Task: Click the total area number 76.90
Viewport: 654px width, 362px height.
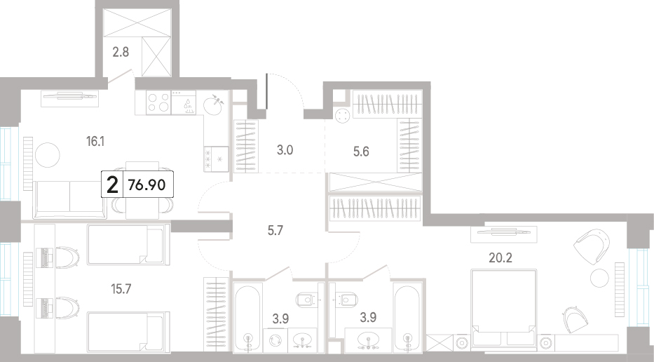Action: [x=147, y=185]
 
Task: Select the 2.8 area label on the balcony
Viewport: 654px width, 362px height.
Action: [x=121, y=52]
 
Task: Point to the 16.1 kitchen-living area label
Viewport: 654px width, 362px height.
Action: [x=95, y=142]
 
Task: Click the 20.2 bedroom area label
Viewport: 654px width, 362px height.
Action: [x=500, y=257]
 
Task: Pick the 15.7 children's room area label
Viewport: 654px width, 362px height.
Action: [x=121, y=288]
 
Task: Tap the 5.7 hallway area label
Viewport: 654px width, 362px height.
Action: [x=275, y=230]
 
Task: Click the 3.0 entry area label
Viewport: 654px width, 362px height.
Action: [x=285, y=150]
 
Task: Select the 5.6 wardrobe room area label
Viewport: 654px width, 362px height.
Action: [x=361, y=151]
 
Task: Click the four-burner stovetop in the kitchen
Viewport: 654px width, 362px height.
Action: [x=158, y=102]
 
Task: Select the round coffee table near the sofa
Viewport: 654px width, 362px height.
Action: [x=48, y=155]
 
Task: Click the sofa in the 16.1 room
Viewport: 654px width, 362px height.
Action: [x=69, y=199]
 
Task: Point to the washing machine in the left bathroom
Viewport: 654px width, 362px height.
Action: [x=275, y=340]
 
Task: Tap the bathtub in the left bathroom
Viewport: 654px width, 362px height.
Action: [x=247, y=317]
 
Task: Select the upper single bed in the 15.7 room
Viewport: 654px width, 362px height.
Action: [x=128, y=244]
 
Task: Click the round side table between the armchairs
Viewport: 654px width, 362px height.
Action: [x=599, y=277]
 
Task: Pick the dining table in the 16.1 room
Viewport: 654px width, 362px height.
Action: [x=142, y=190]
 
